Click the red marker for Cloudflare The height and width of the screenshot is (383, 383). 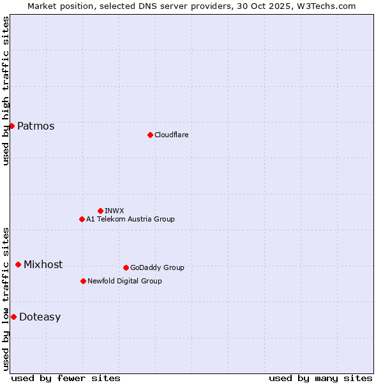pos(150,135)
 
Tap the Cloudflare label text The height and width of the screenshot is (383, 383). pos(171,135)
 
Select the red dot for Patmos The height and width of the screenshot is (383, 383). pos(11,126)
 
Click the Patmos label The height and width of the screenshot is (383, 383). pos(36,126)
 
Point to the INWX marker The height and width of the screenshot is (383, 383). pos(100,211)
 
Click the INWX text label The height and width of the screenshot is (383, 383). pos(114,211)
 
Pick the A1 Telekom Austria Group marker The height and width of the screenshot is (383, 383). pos(82,219)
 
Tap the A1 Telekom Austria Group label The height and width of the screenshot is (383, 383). pos(130,219)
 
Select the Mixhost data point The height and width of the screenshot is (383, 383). pos(18,264)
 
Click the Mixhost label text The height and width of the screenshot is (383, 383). pos(43,264)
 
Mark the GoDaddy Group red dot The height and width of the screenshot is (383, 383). pos(126,267)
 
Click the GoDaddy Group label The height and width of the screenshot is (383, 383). pos(157,267)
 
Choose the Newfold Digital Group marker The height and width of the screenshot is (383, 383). pos(83,281)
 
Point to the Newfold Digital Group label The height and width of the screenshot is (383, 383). pos(124,281)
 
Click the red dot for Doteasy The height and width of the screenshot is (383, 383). pos(13,317)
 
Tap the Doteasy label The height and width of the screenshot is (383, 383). pos(40,317)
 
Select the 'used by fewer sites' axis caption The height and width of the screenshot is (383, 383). pos(66,378)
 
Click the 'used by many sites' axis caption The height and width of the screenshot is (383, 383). pos(320,378)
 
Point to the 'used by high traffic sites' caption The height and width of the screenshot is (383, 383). pos(6,91)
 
